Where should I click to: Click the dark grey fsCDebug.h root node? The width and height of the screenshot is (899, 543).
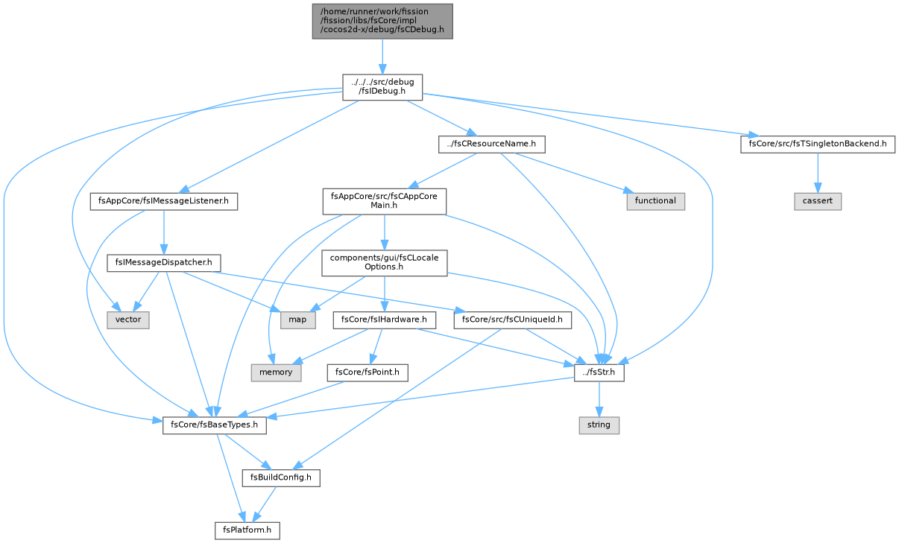click(x=382, y=22)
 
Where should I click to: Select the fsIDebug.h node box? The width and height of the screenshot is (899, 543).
click(x=382, y=87)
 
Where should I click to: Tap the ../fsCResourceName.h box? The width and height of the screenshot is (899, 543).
click(x=492, y=144)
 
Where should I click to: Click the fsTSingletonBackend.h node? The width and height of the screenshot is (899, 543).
click(x=818, y=144)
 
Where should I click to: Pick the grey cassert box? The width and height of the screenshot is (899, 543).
click(x=818, y=201)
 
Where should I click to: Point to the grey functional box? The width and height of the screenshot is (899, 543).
click(x=656, y=201)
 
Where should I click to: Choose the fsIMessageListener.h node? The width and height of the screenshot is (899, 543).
click(x=164, y=201)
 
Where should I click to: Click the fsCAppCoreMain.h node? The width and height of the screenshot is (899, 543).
click(x=385, y=201)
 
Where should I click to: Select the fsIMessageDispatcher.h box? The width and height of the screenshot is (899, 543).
click(x=164, y=263)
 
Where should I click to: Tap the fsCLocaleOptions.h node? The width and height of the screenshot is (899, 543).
click(x=385, y=263)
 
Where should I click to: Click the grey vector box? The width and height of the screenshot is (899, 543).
click(x=128, y=320)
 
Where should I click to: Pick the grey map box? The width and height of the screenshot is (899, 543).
click(x=297, y=320)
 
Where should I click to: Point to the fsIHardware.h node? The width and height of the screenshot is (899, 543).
click(x=384, y=320)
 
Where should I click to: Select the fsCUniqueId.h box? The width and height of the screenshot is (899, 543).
click(x=513, y=320)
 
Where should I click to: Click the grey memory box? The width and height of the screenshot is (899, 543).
click(x=276, y=373)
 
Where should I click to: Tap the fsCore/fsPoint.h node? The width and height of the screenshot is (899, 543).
click(x=368, y=373)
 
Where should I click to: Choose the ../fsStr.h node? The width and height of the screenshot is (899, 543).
click(x=599, y=373)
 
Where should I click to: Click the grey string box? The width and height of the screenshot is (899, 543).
click(x=599, y=425)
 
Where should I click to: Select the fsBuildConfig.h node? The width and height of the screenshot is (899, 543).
click(x=281, y=478)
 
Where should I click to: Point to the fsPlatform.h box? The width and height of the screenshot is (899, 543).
click(x=247, y=530)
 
